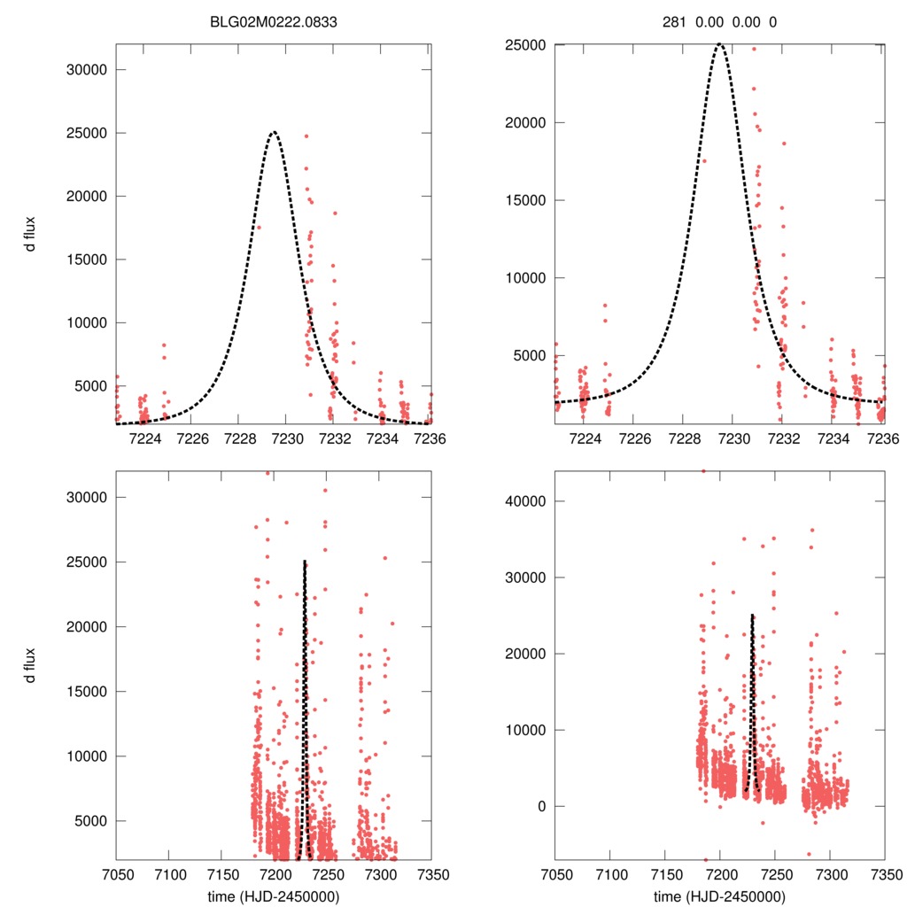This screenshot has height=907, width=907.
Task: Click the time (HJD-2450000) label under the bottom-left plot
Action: tap(274, 895)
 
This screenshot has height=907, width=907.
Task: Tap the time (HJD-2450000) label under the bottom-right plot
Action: tap(718, 895)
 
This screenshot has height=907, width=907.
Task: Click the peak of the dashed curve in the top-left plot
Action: tap(274, 133)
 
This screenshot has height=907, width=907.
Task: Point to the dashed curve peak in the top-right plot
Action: tap(719, 44)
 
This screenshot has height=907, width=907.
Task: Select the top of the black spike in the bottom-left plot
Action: tap(305, 562)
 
